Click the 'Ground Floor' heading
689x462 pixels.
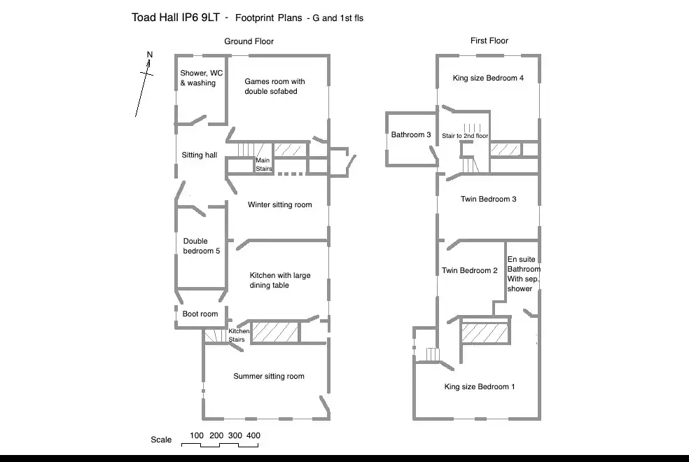(x=249, y=41)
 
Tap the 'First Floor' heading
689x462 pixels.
(x=489, y=41)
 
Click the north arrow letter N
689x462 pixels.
(x=149, y=55)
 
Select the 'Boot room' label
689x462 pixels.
(x=200, y=314)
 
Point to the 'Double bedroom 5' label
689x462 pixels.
(x=202, y=246)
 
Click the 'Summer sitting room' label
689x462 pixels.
(x=269, y=377)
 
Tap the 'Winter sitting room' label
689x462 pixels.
(x=279, y=205)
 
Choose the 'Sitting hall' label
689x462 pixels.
(x=200, y=155)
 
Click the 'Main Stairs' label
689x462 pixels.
(x=263, y=164)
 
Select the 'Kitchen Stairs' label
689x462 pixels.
(x=238, y=335)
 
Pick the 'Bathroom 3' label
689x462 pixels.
(x=411, y=134)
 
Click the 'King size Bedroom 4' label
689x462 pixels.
(x=488, y=78)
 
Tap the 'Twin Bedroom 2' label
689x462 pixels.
(x=470, y=271)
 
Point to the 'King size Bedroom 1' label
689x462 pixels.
(x=480, y=386)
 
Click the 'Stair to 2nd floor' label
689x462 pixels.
(x=465, y=136)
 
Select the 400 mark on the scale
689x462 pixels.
(x=253, y=435)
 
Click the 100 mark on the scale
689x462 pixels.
(x=197, y=435)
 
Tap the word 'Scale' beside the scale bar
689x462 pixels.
(x=161, y=440)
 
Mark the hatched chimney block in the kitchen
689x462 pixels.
(x=275, y=332)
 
